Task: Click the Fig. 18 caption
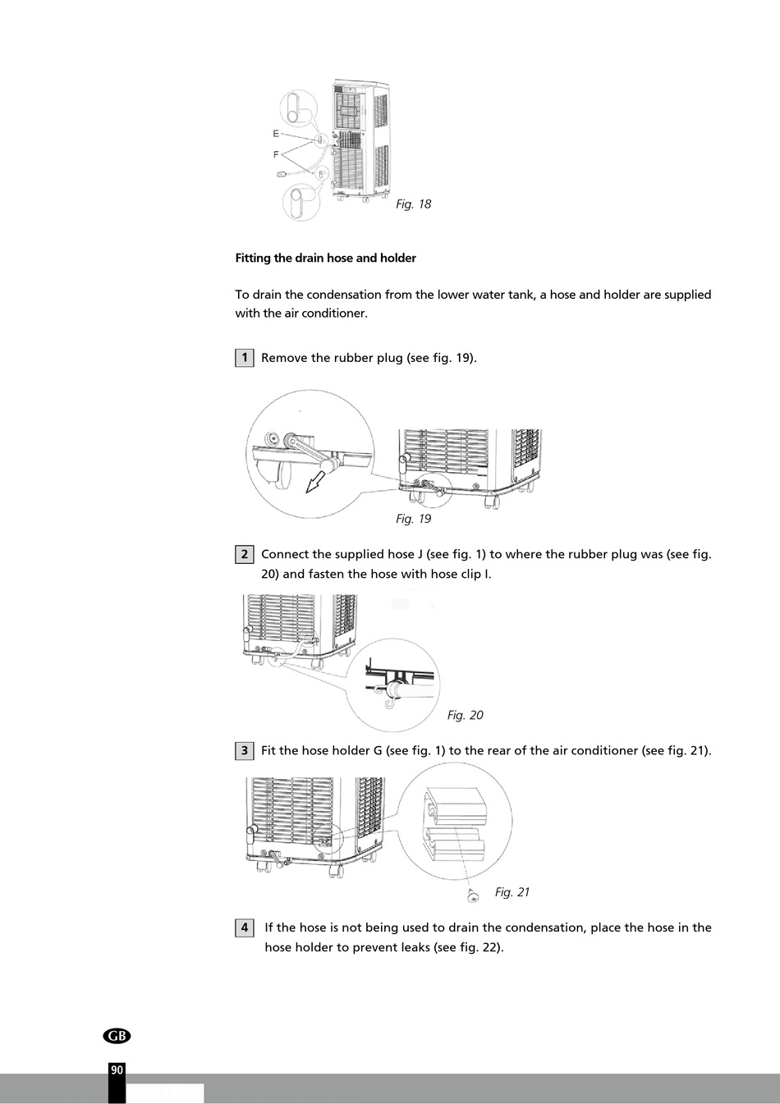point(413,204)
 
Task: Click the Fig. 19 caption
point(413,519)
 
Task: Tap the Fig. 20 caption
point(465,715)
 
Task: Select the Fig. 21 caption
point(512,892)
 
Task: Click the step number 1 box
point(244,358)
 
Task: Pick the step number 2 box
point(244,554)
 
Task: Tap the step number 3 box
point(244,750)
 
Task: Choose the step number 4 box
point(244,928)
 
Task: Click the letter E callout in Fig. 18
point(276,133)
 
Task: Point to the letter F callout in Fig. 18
point(276,153)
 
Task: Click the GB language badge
point(117,1036)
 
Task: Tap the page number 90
point(117,1070)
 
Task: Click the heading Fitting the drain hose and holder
point(325,258)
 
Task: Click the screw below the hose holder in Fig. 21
point(473,897)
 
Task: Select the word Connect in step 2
point(286,554)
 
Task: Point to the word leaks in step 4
point(413,947)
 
